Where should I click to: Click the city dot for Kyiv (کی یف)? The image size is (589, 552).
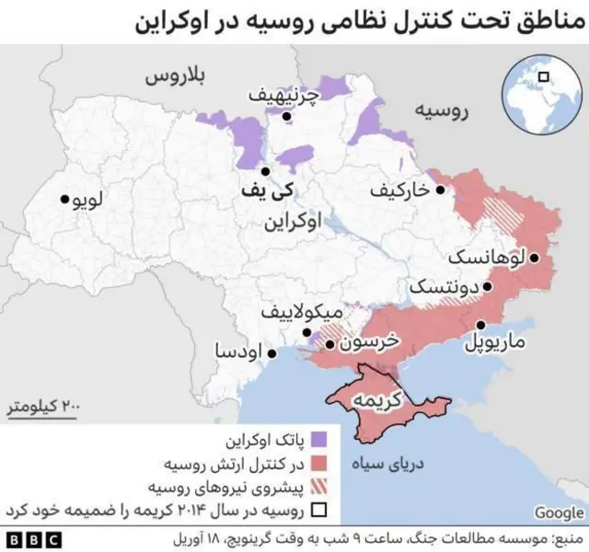tap(265, 171)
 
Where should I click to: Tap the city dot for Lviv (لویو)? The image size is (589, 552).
tap(64, 199)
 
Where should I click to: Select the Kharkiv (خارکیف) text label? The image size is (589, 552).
tap(398, 190)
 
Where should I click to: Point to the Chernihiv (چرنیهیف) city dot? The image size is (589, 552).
tap(288, 117)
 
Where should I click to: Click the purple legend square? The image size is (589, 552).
tap(319, 439)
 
